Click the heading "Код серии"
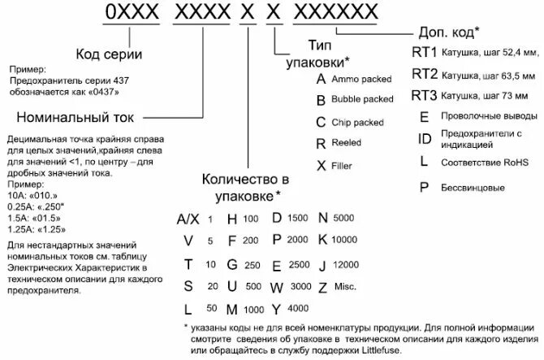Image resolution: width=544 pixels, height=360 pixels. coord(110,54)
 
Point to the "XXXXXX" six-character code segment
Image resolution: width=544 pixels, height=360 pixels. coord(333,13)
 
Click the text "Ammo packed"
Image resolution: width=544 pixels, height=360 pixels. coord(362,79)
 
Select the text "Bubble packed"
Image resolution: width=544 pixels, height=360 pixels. coord(362,100)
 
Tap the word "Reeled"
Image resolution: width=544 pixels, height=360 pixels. coord(346,142)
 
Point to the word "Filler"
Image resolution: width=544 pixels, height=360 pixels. coord(342,164)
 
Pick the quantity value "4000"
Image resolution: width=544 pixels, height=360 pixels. coord(298,308)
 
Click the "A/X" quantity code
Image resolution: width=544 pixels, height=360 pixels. coord(188,219)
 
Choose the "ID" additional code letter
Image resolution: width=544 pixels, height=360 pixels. coord(425,138)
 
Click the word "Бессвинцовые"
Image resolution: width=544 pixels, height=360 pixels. coord(473,188)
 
